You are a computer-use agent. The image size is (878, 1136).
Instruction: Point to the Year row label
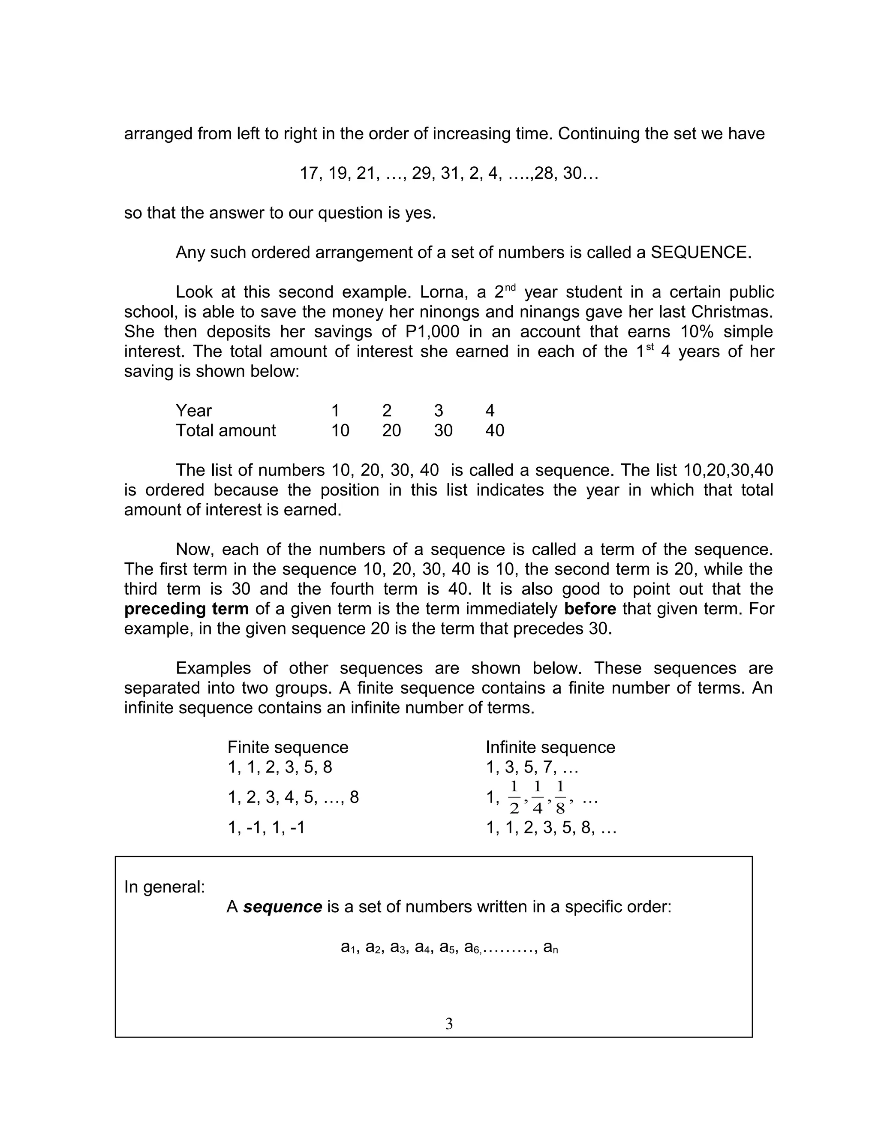tap(193, 411)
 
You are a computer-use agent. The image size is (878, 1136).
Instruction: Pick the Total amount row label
tap(226, 431)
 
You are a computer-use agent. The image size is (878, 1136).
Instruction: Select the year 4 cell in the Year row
tap(490, 411)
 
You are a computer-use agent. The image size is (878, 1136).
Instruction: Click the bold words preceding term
tap(186, 609)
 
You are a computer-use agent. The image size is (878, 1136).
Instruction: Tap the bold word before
tap(590, 609)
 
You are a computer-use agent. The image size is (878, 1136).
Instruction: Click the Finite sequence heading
tap(288, 748)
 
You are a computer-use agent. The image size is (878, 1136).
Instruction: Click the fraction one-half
tap(514, 797)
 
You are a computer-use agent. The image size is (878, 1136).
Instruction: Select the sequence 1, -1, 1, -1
tap(266, 827)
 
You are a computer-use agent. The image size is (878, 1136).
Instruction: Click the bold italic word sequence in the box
tap(283, 907)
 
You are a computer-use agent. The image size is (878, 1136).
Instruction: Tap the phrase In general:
tap(164, 887)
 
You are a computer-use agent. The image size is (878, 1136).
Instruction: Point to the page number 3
tap(449, 1024)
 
